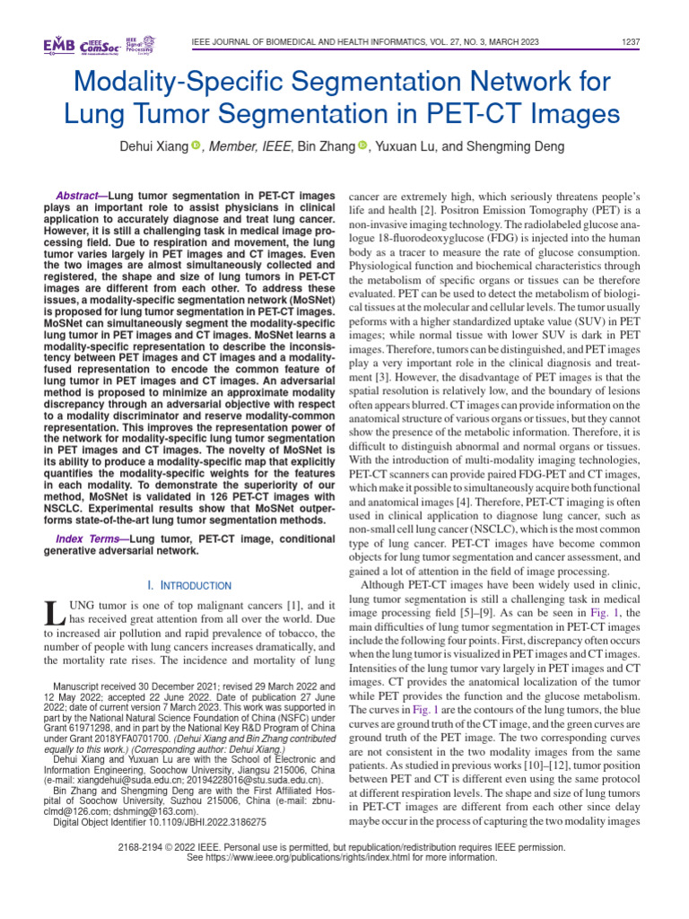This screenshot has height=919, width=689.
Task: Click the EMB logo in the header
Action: [58, 46]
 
